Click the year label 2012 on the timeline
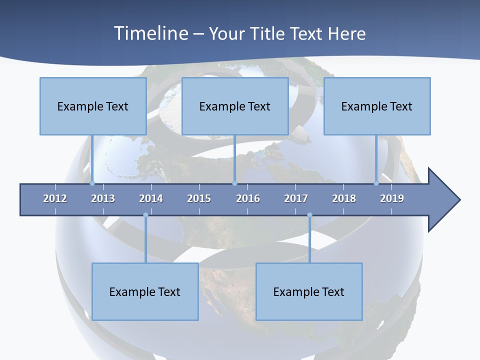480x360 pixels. click(x=55, y=198)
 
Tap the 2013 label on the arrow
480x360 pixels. click(x=103, y=198)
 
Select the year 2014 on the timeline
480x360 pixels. click(x=151, y=198)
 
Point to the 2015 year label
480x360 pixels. click(x=199, y=198)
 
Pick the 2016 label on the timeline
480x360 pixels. click(x=248, y=198)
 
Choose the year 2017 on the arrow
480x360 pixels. click(x=296, y=198)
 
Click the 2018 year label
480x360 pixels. click(x=344, y=198)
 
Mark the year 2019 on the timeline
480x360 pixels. click(x=392, y=198)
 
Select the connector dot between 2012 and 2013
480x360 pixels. click(x=92, y=183)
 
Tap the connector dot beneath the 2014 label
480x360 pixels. click(x=145, y=215)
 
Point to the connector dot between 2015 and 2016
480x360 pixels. click(x=234, y=183)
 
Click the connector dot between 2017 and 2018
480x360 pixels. click(x=309, y=215)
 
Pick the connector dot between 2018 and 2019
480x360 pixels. click(x=376, y=183)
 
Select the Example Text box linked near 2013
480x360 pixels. click(x=93, y=106)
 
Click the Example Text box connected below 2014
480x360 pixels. click(x=145, y=291)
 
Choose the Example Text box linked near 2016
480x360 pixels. click(x=235, y=106)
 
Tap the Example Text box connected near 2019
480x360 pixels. click(x=377, y=106)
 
